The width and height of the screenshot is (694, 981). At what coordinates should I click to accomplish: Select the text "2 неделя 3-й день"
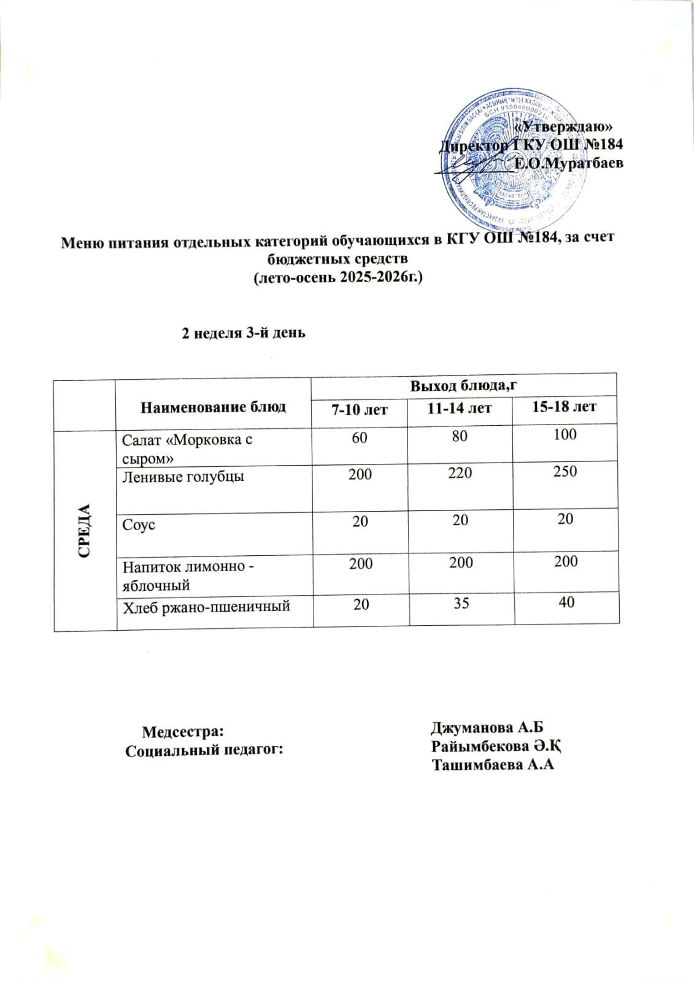(x=243, y=333)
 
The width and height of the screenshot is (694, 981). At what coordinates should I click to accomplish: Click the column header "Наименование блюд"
(x=213, y=407)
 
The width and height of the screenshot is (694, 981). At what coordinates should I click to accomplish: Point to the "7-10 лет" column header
(x=360, y=409)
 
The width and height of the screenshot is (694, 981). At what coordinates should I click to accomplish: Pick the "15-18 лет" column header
(x=564, y=406)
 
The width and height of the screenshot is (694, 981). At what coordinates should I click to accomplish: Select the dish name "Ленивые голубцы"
(x=183, y=475)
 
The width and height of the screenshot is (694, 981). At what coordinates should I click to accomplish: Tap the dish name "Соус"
(x=139, y=526)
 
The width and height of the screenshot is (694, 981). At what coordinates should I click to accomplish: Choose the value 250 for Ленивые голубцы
(x=565, y=472)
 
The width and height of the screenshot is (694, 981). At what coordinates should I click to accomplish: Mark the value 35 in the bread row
(x=461, y=604)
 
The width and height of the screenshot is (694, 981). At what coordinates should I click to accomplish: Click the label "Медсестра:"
(x=183, y=732)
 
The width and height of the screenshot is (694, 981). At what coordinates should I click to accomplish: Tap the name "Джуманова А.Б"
(x=488, y=728)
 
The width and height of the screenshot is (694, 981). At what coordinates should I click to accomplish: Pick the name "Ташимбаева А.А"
(x=493, y=765)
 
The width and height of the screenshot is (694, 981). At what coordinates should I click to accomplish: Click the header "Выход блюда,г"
(x=461, y=385)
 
